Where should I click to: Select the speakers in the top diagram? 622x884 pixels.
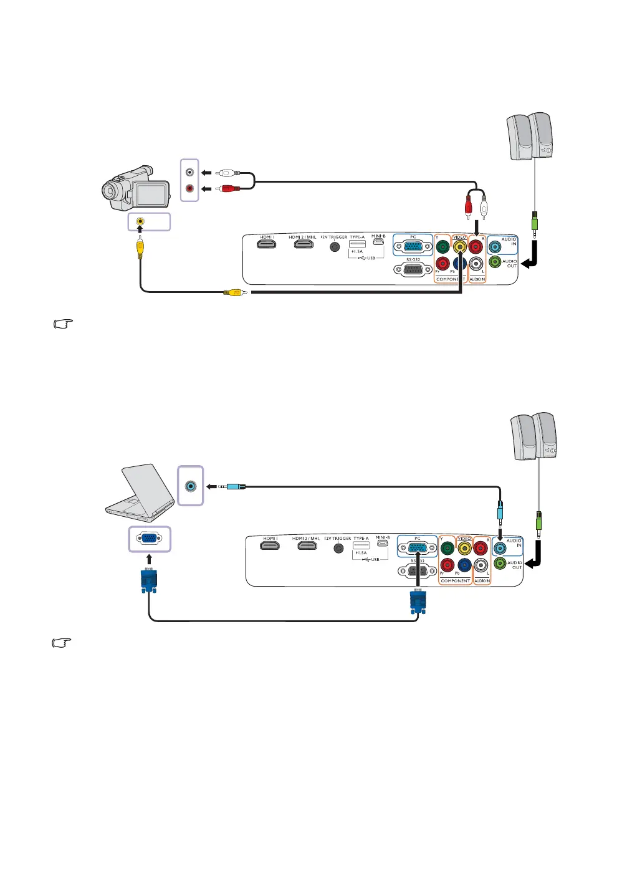coord(530,136)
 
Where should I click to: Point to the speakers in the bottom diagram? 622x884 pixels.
coord(533,436)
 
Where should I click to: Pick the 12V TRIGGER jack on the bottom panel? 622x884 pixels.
coord(338,548)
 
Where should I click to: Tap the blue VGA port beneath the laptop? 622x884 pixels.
coord(150,539)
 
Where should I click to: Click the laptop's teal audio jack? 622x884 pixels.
coord(191,486)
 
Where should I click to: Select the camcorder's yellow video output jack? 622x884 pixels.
coord(140,221)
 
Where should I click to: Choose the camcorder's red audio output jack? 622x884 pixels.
coord(189,188)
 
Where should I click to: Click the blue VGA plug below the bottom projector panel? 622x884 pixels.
coord(417,603)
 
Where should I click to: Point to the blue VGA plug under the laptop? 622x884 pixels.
coord(148,580)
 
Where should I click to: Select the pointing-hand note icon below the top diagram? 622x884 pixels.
coord(64,324)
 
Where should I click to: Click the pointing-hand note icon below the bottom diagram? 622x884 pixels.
coord(62,642)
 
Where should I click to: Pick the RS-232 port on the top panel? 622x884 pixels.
coord(413,270)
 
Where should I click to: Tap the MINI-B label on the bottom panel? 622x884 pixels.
coord(382,537)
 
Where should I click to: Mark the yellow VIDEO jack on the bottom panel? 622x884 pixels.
coord(464,548)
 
